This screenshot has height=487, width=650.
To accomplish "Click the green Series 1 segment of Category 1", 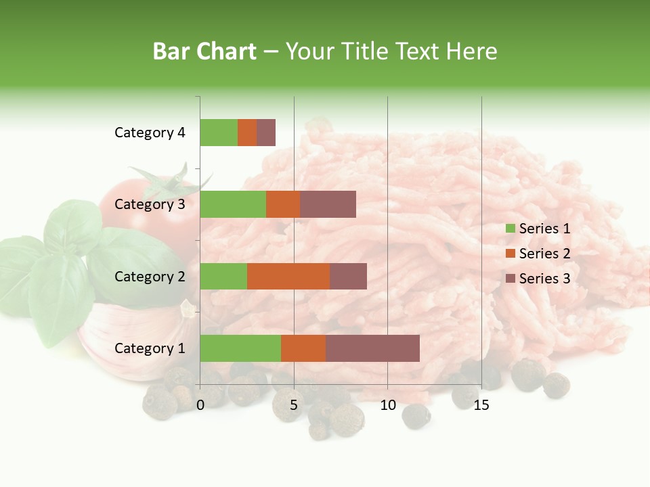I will [240, 348].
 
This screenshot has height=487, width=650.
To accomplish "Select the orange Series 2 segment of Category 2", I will [288, 276].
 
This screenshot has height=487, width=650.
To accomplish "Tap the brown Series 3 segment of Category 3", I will [328, 204].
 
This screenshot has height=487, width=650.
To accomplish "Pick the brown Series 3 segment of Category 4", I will [266, 133].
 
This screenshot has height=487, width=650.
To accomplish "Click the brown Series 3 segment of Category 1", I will [372, 348].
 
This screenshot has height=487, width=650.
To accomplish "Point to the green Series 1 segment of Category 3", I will [233, 204].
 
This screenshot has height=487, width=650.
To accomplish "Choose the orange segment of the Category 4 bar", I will [247, 133].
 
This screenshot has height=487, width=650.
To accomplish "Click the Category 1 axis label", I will [150, 348].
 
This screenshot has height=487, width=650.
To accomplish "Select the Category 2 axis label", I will [150, 276].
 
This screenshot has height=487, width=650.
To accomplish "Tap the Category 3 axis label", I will [150, 204].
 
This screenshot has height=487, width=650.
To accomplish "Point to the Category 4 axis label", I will [150, 133].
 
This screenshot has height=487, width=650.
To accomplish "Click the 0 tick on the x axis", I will [200, 405].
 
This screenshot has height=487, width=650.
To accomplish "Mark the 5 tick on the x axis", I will [294, 405].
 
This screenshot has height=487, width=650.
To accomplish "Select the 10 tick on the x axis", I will [387, 405].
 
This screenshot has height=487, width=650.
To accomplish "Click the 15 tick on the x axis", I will [481, 405].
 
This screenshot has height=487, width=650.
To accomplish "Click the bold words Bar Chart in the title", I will [204, 51].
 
